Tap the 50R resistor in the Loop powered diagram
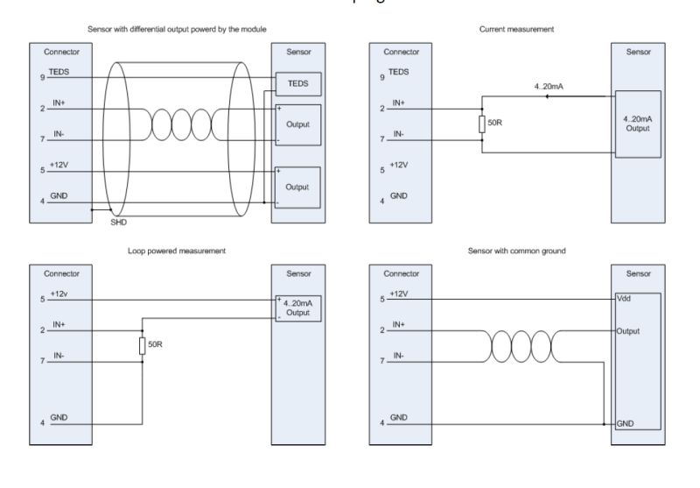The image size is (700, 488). (141, 345)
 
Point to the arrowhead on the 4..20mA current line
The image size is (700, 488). (546, 98)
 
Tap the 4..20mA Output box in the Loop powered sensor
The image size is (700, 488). (298, 308)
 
